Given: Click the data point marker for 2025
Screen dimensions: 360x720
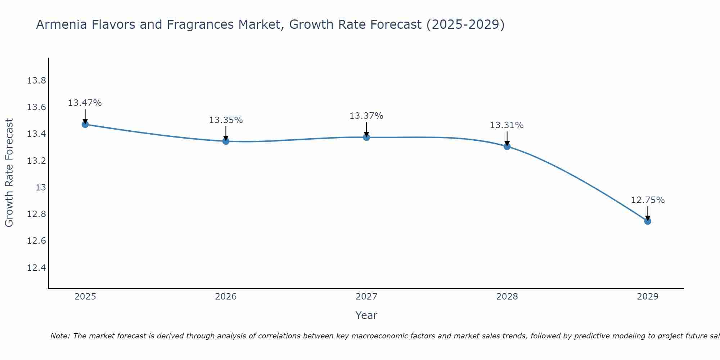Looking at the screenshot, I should pos(85,125).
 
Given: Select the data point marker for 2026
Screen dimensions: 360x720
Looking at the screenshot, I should pos(226,141).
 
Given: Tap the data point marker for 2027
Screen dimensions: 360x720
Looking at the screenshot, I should pos(366,137).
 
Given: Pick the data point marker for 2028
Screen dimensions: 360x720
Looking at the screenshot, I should pos(507,146).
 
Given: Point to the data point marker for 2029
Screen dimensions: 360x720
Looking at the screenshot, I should pos(648,221).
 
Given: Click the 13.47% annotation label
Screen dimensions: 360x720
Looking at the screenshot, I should pos(85,103).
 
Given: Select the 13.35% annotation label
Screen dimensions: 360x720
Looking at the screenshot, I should pos(226,120).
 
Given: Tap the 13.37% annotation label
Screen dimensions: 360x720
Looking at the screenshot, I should pos(366,116).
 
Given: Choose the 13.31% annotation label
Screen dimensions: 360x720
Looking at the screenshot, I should pos(507,125).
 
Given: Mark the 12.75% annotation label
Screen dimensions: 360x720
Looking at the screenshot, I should pos(648,200).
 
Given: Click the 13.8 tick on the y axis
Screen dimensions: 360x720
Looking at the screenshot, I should pos(36,81).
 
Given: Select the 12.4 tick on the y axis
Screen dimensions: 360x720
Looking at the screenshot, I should pos(36,268).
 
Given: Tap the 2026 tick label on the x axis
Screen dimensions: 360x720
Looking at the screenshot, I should pos(226,297).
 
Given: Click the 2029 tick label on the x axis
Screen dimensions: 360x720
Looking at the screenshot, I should pos(648,297).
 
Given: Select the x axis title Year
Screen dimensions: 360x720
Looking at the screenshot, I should pos(366,315).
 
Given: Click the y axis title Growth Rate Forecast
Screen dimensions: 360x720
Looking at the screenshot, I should pos(9,173).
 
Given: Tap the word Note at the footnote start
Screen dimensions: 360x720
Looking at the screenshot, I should pos(60,336).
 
